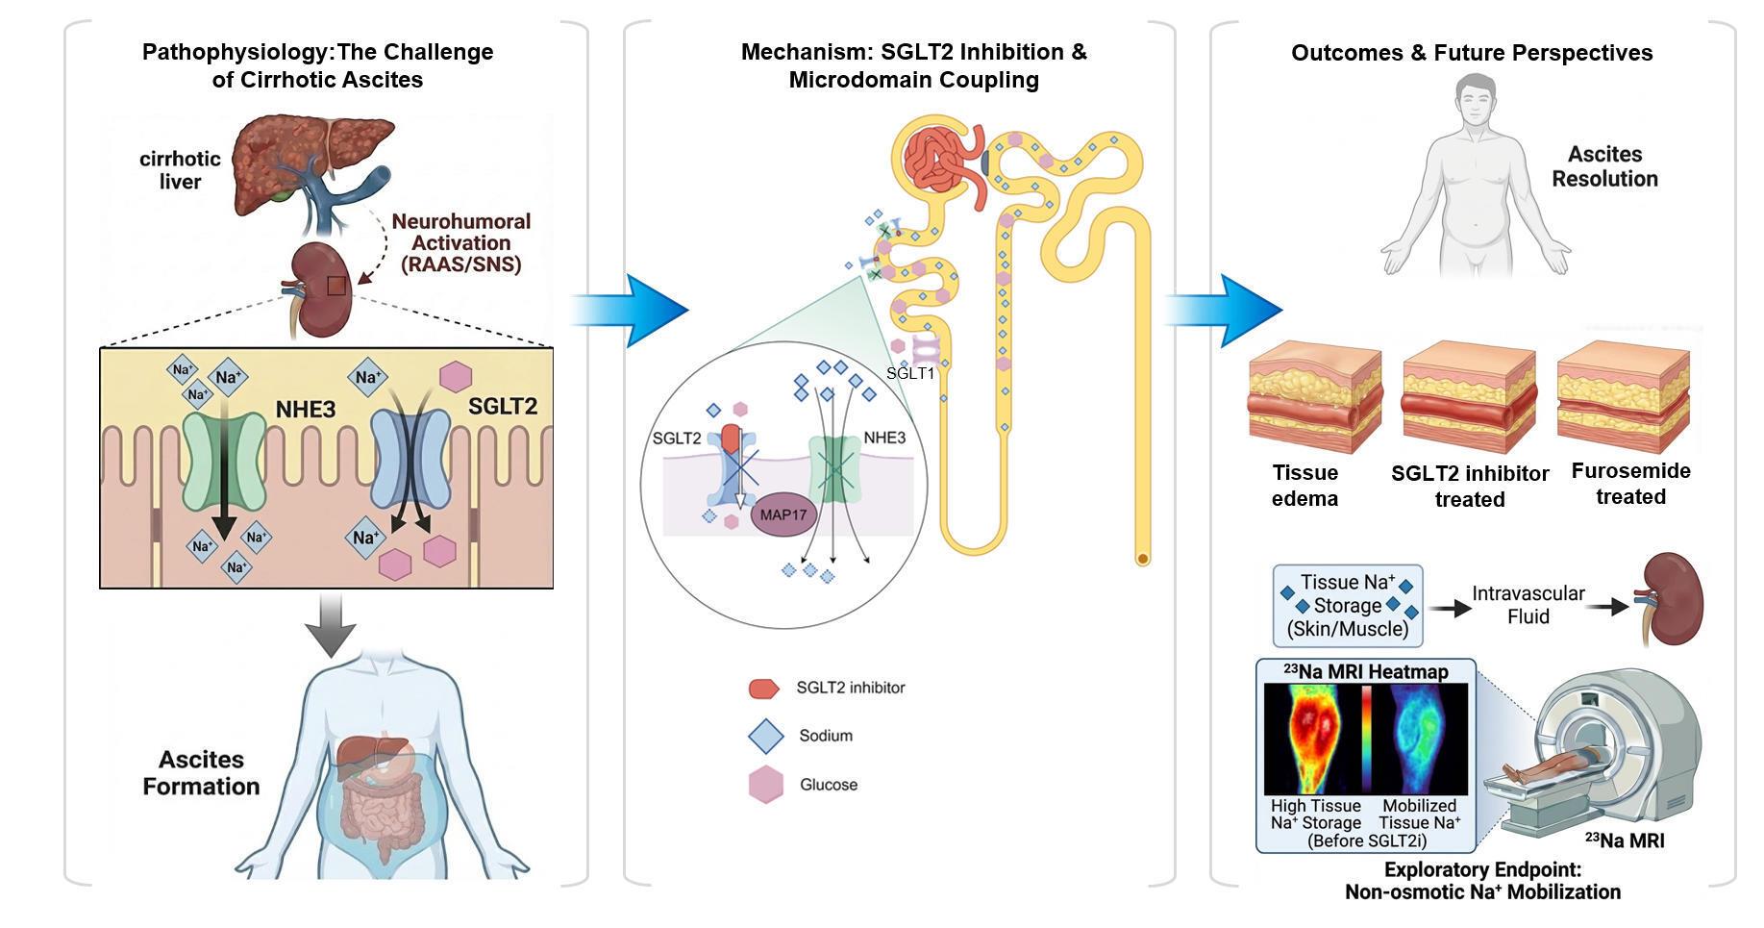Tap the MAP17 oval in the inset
783,514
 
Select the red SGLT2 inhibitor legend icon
763,689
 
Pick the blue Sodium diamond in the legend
767,737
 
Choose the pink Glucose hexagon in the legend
766,785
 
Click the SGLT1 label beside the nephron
909,373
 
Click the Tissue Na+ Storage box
1348,606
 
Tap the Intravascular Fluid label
1528,605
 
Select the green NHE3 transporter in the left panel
224,462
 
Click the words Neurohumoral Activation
460,233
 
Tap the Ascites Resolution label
1604,166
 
